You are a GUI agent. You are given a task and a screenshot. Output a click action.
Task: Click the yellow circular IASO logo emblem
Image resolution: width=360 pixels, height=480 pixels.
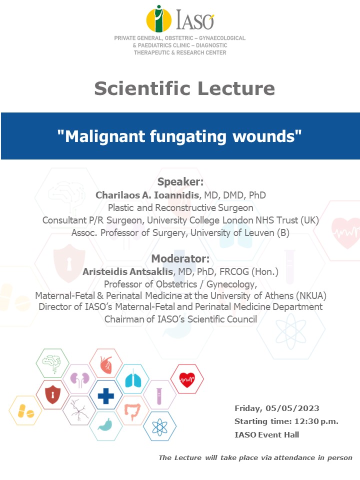158,19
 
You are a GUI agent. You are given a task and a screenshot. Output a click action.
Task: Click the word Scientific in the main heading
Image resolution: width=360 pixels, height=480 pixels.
142,88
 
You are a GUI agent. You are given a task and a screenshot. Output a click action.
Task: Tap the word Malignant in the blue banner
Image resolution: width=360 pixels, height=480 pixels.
105,136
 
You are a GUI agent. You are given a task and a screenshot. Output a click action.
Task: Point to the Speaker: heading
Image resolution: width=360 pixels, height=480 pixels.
180,181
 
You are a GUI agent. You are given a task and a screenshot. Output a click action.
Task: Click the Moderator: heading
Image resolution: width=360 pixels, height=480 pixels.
180,258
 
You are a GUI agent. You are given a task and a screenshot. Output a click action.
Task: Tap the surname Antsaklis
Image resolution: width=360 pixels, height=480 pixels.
150,271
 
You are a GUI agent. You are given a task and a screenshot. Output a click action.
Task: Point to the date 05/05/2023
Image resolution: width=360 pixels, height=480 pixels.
292,408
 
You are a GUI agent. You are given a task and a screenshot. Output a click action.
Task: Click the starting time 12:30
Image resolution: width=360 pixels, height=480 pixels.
306,421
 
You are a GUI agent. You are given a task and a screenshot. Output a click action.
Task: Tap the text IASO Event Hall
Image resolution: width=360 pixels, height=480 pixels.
266,434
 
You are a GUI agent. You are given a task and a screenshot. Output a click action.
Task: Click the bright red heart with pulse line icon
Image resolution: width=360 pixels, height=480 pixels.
187,379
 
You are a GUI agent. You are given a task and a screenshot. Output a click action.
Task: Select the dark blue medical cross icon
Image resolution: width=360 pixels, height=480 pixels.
106,396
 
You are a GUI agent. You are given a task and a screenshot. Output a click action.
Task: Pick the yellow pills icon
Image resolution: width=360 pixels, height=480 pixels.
25,411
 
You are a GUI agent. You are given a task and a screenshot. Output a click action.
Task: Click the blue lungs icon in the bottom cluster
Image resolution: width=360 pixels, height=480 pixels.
133,379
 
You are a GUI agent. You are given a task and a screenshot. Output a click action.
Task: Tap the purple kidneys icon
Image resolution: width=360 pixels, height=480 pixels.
80,379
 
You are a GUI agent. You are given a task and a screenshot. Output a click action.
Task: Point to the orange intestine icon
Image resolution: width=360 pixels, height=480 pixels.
132,411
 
